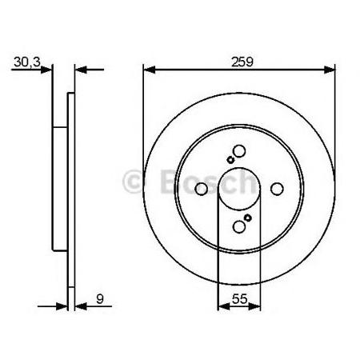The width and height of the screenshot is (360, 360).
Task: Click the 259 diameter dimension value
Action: point(242,62)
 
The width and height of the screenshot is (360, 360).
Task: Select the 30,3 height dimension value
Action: point(27,62)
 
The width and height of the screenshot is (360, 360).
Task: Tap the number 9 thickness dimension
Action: point(100,299)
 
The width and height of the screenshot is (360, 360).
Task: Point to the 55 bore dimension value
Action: point(240,299)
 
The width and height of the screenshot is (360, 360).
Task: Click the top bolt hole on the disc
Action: point(239,151)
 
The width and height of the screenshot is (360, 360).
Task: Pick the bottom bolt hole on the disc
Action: point(239,227)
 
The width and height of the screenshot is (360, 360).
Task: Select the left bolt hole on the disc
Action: point(201,189)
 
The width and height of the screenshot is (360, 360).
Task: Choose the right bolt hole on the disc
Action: point(277,189)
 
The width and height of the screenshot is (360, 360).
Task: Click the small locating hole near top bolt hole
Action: point(230,160)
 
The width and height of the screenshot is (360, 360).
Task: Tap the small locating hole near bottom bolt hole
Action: point(248,218)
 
